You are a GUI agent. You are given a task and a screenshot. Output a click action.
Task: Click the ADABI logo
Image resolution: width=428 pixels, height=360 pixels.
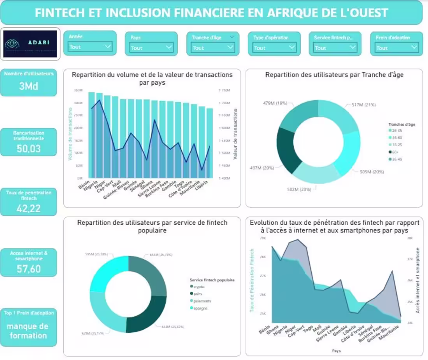tap(30, 44)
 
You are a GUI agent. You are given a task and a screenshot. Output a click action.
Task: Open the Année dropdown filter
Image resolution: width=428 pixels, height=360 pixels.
tap(90, 47)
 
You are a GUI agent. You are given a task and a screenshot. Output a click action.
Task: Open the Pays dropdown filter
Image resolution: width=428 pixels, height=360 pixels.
tap(151, 47)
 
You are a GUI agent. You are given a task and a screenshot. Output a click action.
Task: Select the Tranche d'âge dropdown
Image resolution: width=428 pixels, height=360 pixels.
tap(213, 47)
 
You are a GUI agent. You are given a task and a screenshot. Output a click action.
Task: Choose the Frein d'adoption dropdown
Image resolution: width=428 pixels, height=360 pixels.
tap(396, 47)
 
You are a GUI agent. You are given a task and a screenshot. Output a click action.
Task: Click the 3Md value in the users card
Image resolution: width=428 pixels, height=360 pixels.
tap(28, 86)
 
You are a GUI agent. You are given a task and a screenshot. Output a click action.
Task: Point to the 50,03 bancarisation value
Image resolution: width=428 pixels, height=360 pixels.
tap(28, 148)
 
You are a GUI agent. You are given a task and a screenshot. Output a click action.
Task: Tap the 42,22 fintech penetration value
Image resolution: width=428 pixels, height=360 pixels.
tap(28, 208)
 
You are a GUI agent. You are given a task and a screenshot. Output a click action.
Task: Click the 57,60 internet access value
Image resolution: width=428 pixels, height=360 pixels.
tap(28, 269)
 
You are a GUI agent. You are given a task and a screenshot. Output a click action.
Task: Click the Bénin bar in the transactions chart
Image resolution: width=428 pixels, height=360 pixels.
tap(92, 136)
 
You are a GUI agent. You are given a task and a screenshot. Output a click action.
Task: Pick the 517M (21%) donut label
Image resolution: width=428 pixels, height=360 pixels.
tap(364, 105)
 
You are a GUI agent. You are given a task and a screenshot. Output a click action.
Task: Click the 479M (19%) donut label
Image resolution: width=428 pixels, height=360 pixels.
tap(275, 103)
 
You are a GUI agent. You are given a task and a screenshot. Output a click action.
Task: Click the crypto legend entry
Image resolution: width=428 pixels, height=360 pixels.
tap(198, 287)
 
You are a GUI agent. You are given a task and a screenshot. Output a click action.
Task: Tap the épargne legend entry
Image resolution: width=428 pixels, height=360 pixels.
tap(200, 308)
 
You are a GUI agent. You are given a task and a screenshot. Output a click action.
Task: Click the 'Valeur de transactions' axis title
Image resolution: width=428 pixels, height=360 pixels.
tap(235, 134)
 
